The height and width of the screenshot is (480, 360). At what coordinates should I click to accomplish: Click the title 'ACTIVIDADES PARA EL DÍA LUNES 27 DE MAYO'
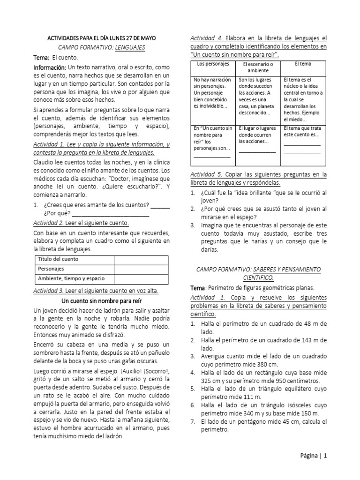point(103,38)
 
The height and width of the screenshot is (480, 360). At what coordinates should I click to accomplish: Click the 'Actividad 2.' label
point(50,223)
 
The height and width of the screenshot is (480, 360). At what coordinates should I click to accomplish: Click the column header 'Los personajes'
point(212,63)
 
